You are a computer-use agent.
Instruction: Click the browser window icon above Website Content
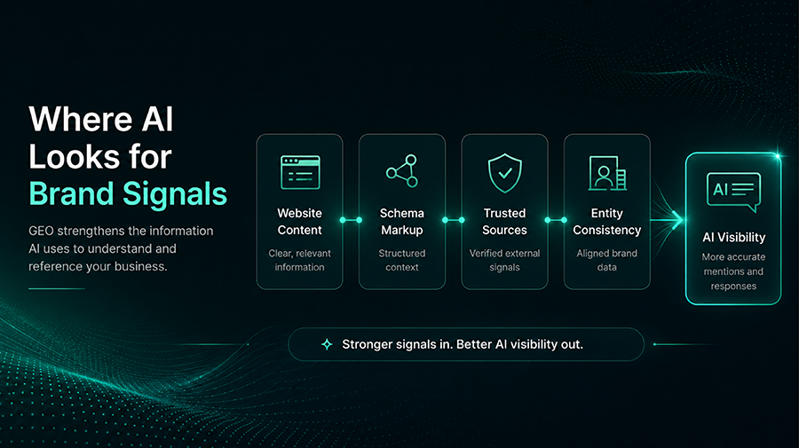pyautogui.click(x=300, y=173)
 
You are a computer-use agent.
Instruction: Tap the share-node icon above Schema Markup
pyautogui.click(x=402, y=171)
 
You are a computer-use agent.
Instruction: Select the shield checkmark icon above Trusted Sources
pyautogui.click(x=504, y=173)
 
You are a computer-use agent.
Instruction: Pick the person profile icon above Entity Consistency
pyautogui.click(x=607, y=173)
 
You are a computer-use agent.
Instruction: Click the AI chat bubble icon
pyautogui.click(x=733, y=192)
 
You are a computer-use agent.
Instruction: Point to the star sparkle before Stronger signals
pyautogui.click(x=327, y=345)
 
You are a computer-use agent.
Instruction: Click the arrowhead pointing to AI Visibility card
pyautogui.click(x=676, y=220)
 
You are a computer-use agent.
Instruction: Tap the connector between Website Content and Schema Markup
pyautogui.click(x=351, y=220)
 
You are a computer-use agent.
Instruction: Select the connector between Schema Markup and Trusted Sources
pyautogui.click(x=453, y=220)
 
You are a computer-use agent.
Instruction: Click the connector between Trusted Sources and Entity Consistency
pyautogui.click(x=556, y=220)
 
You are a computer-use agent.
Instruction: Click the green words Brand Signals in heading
pyautogui.click(x=128, y=194)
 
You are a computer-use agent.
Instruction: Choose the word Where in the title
pyautogui.click(x=81, y=119)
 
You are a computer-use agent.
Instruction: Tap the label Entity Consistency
pyautogui.click(x=607, y=222)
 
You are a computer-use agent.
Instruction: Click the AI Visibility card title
pyautogui.click(x=734, y=237)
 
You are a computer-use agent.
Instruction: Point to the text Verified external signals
pyautogui.click(x=504, y=260)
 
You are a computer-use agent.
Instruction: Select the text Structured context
pyautogui.click(x=402, y=260)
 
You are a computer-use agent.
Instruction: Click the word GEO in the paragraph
pyautogui.click(x=41, y=232)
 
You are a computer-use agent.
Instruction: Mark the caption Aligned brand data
pyautogui.click(x=607, y=260)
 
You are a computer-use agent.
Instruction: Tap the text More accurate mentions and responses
pyautogui.click(x=734, y=271)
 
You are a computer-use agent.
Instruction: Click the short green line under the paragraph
pyautogui.click(x=57, y=288)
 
